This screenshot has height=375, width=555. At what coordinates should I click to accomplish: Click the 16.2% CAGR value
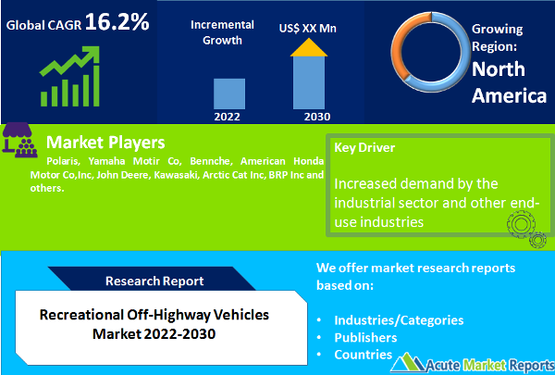click(x=117, y=21)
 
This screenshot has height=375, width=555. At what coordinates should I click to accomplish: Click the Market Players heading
click(x=105, y=143)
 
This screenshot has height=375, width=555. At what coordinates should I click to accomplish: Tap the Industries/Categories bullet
click(x=399, y=319)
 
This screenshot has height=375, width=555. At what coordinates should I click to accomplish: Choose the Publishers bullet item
click(x=365, y=337)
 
